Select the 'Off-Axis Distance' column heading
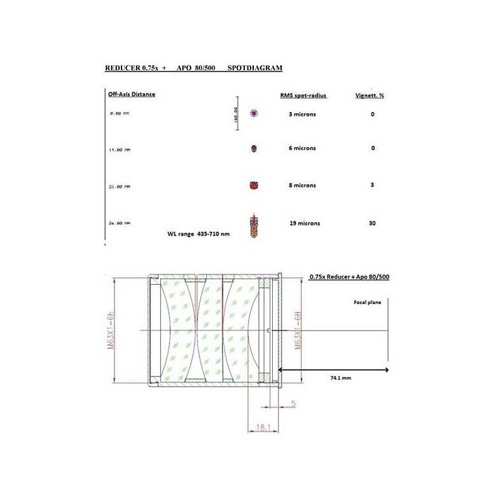[x=132, y=94]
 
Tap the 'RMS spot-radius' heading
[x=303, y=95]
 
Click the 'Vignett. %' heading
[x=372, y=95]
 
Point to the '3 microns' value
[x=302, y=114]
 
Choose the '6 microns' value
[x=302, y=148]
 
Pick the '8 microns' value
[x=302, y=185]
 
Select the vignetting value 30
[x=372, y=223]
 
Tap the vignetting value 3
[x=372, y=185]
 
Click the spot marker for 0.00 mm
[x=254, y=114]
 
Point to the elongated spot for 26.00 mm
[x=254, y=225]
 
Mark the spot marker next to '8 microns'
[x=254, y=186]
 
